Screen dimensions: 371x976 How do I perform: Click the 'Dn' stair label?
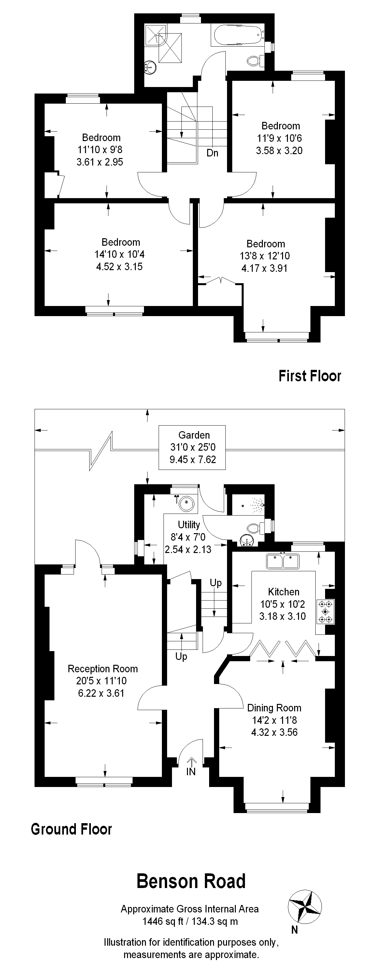coord(212,153)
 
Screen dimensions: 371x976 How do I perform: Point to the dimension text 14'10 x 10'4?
coord(120,254)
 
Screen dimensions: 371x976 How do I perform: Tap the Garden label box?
coord(192,447)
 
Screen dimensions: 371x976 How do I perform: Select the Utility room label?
coord(189,525)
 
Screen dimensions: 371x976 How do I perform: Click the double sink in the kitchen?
coord(283,561)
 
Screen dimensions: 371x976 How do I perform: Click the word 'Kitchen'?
coord(284,592)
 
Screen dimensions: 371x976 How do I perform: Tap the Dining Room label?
coord(274,708)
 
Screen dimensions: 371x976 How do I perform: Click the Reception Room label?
coord(103,669)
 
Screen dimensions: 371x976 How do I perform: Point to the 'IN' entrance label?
coord(191,772)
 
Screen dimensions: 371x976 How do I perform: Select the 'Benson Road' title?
coord(191,881)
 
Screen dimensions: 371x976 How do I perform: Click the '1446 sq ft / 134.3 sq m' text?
coord(190,921)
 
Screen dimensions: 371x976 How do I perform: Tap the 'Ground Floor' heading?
coord(72,829)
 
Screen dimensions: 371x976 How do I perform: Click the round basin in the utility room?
coord(187,503)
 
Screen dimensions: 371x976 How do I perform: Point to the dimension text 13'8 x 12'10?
coord(264,256)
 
